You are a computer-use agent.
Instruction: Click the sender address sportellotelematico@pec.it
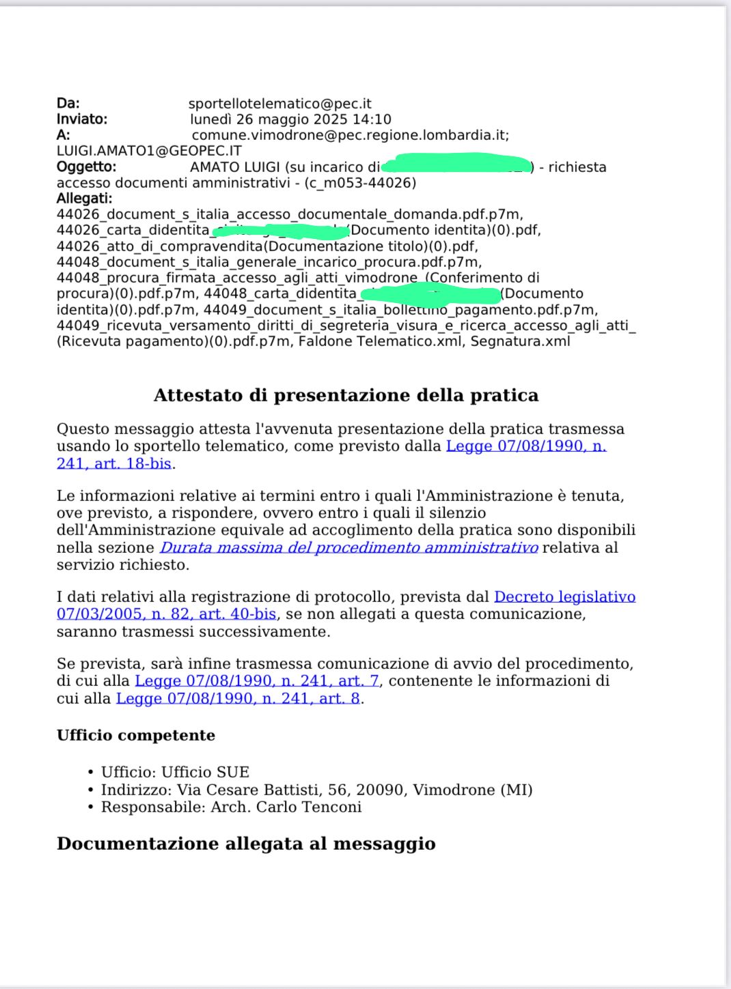pos(279,104)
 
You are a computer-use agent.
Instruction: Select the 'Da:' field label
pos(68,104)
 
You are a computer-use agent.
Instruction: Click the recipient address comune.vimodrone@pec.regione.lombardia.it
pos(350,135)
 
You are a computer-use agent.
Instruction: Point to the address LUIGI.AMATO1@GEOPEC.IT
pos(149,151)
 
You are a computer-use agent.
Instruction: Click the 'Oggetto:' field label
pos(86,167)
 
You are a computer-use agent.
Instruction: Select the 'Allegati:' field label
pos(84,199)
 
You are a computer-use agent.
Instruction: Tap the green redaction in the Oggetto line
pos(456,164)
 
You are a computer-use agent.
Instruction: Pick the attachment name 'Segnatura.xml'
pos(520,341)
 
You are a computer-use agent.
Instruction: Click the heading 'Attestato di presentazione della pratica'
pos(346,395)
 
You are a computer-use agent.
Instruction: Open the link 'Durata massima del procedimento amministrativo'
pos(348,547)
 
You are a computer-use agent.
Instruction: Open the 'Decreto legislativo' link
pos(564,597)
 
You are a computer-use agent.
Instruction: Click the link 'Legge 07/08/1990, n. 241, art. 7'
pos(257,680)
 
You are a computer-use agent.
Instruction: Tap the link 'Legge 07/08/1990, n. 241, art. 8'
pos(238,698)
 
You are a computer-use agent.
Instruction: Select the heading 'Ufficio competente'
pos(136,735)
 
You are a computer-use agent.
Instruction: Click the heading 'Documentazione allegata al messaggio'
pos(246,844)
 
